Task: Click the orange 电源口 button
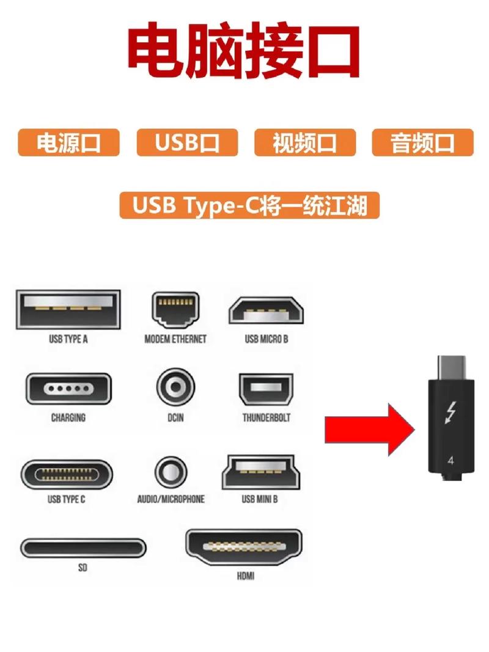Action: (68, 142)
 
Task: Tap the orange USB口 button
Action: (186, 142)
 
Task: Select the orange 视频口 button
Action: (304, 142)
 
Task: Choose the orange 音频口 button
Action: (422, 142)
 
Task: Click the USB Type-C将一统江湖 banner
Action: (249, 205)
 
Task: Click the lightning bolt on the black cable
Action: (450, 413)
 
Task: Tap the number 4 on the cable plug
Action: (450, 460)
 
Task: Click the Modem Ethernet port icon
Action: (175, 310)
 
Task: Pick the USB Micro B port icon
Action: (266, 310)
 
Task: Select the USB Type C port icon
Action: (67, 474)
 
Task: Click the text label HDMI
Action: (245, 576)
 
